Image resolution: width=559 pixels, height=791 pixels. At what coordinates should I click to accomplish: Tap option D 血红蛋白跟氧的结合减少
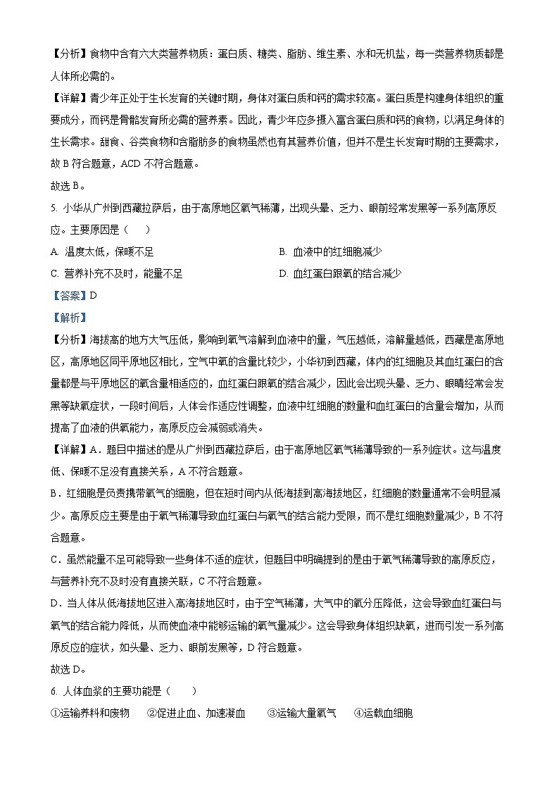[340, 274]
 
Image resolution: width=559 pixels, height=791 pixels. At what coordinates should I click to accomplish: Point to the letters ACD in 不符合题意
[132, 164]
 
